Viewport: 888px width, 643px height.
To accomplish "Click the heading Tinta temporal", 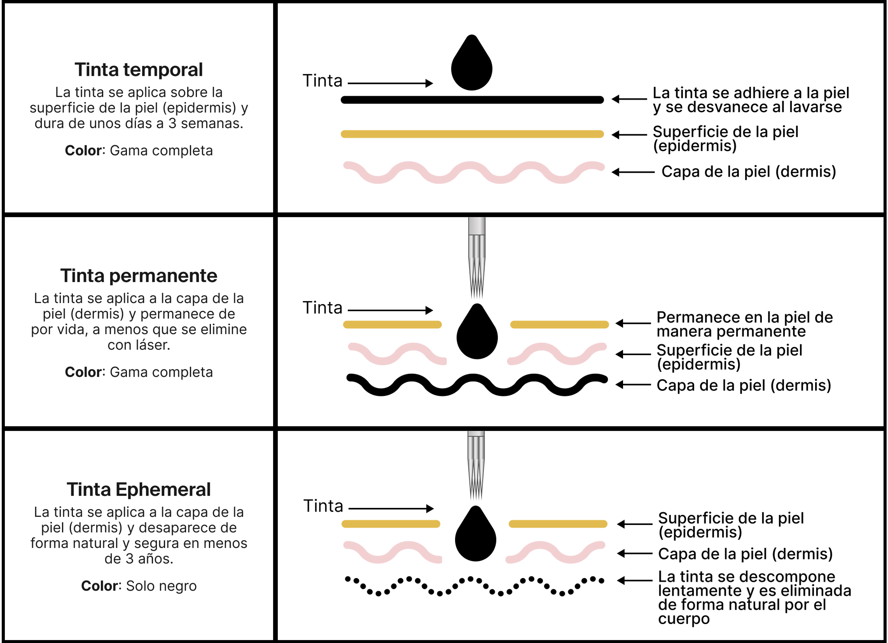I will click(x=139, y=70).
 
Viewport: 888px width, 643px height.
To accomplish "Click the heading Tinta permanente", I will click(x=139, y=276).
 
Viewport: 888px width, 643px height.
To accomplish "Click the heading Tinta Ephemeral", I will click(x=139, y=489).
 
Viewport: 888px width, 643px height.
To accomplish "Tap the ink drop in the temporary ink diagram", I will click(x=471, y=67).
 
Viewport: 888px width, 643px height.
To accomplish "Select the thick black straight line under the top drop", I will click(x=472, y=100).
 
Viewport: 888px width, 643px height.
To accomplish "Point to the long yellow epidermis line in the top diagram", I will click(x=472, y=134).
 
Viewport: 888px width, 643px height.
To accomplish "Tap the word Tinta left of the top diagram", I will click(x=322, y=81).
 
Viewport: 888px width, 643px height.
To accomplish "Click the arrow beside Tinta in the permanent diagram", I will click(x=390, y=310).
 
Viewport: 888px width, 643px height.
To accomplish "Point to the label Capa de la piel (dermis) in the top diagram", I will click(x=749, y=172).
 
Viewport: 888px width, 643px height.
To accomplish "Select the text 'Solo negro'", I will click(x=161, y=586).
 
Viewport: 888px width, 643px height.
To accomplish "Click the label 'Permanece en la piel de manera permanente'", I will click(x=744, y=324).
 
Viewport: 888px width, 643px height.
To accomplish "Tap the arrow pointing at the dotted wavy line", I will click(x=634, y=580).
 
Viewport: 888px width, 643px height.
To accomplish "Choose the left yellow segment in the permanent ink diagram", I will click(x=392, y=324).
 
